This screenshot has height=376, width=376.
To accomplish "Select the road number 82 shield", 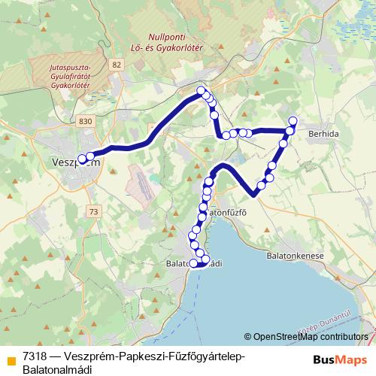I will tap(115, 65).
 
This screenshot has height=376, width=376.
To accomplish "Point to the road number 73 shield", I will tap(92, 212).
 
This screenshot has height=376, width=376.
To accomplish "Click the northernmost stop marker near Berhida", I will tap(293, 121).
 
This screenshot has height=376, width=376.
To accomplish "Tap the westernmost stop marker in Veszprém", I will tap(81, 159).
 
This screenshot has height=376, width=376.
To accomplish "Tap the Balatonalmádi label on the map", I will tap(194, 263).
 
